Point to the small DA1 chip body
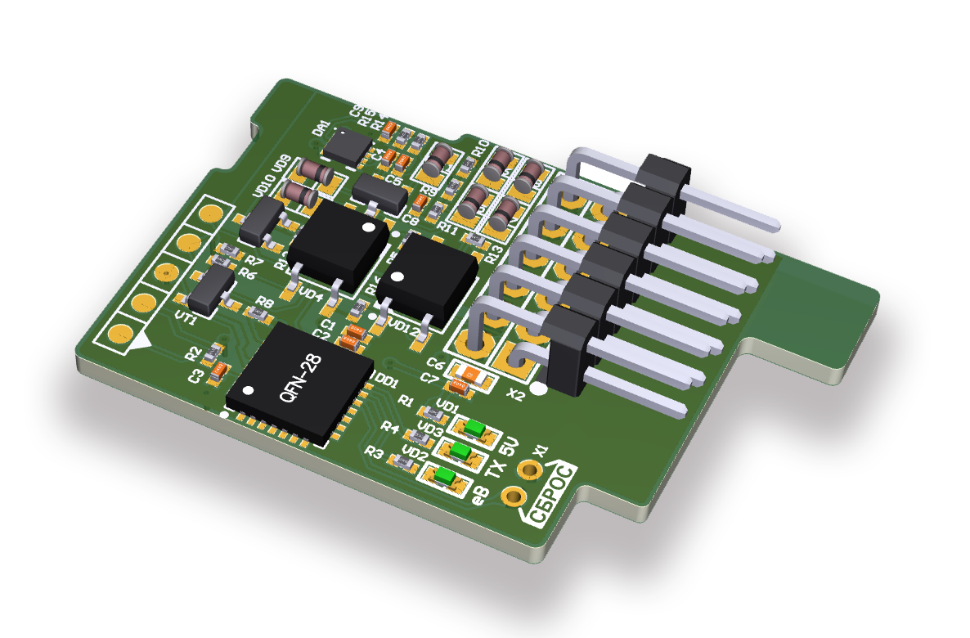click(347, 146)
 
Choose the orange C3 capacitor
click(219, 373)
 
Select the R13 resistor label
click(492, 253)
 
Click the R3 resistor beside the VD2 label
click(401, 463)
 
